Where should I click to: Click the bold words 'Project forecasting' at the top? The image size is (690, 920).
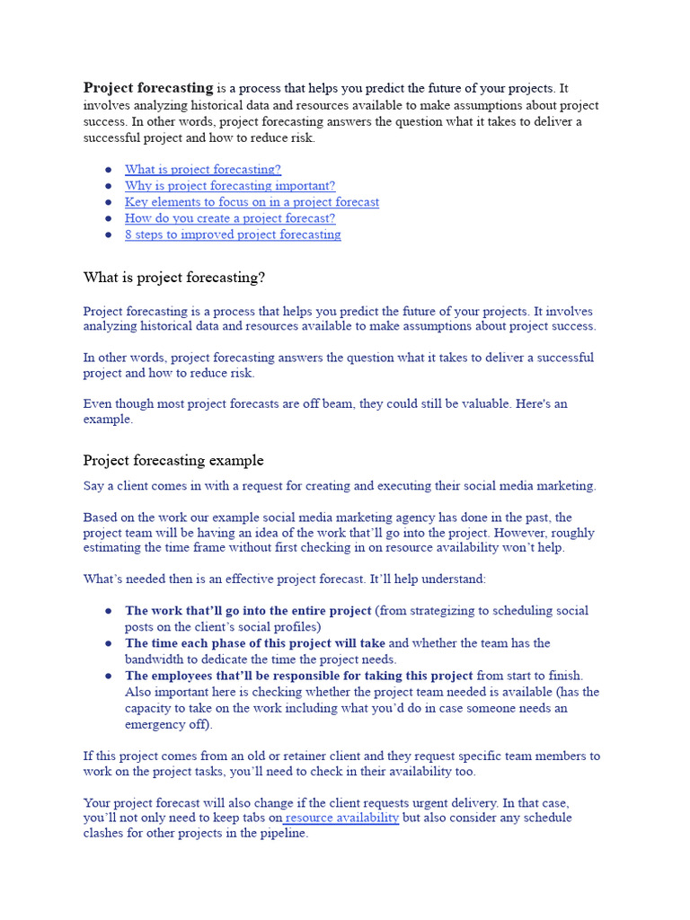click(148, 88)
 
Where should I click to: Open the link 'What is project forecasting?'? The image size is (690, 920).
click(202, 169)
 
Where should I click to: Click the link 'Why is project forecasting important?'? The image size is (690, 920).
click(230, 185)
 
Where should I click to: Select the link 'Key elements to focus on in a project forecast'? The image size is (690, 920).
click(252, 202)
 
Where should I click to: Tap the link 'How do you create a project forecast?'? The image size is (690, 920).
click(230, 218)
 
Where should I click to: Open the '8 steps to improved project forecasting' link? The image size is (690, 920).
click(233, 234)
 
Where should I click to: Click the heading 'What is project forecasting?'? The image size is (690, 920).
click(174, 278)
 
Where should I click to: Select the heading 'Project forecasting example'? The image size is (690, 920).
click(173, 460)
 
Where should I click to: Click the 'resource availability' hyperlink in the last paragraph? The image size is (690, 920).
click(342, 818)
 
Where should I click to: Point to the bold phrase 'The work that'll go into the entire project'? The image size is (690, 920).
click(248, 611)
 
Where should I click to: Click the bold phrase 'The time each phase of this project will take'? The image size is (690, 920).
click(255, 643)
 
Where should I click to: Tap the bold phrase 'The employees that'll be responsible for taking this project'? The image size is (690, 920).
click(298, 676)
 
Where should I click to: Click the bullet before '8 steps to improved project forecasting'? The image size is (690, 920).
click(108, 234)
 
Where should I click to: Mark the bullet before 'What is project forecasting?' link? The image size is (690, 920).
click(108, 169)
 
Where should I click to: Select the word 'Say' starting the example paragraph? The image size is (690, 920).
click(94, 486)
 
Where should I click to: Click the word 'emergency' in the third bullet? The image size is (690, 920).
click(154, 724)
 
